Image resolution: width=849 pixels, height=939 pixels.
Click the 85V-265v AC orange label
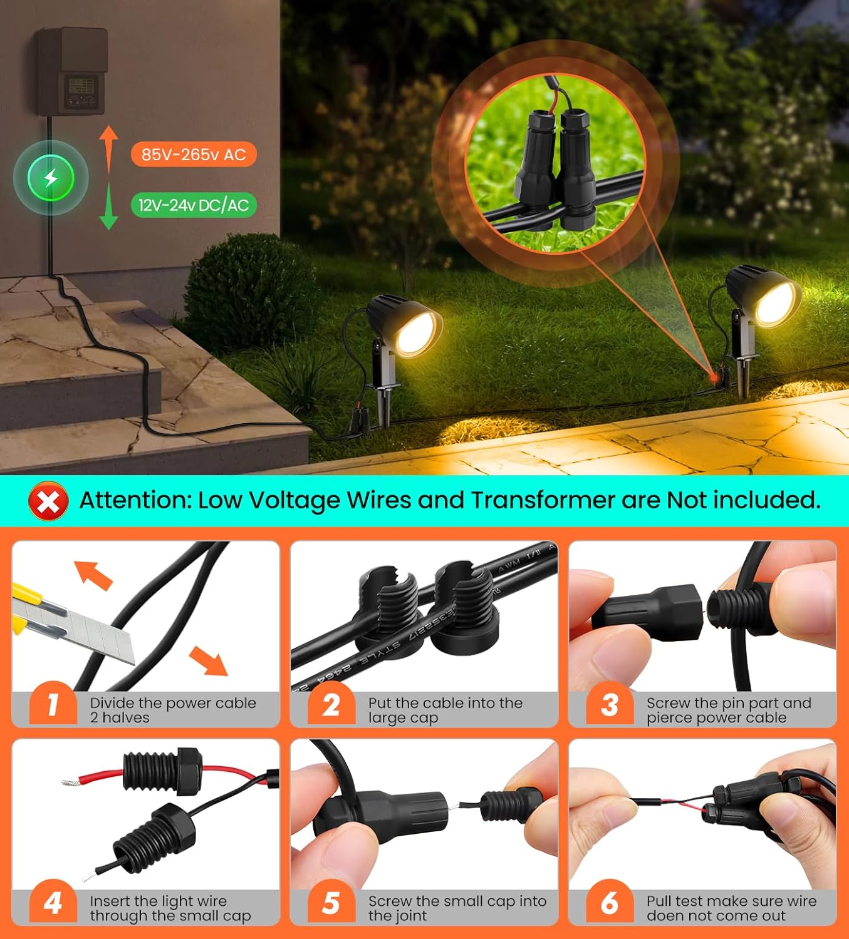(194, 154)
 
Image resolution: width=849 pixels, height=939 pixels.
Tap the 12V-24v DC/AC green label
(194, 205)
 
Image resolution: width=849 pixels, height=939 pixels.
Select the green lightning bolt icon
(51, 178)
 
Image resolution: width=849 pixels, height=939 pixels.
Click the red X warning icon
(48, 501)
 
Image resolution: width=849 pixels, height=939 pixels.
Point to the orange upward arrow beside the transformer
(108, 150)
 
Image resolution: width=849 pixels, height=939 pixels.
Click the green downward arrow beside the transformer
(108, 207)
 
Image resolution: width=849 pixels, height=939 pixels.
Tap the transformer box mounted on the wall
(71, 71)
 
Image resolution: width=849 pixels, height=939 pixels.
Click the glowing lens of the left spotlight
(418, 333)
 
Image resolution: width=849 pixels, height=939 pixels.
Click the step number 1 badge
(53, 704)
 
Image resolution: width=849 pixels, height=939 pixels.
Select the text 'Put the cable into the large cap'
(445, 710)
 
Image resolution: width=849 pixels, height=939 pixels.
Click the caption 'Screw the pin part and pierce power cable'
(729, 710)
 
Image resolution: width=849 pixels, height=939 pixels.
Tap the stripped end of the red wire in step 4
(71, 782)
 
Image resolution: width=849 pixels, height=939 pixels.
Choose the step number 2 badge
(331, 704)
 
